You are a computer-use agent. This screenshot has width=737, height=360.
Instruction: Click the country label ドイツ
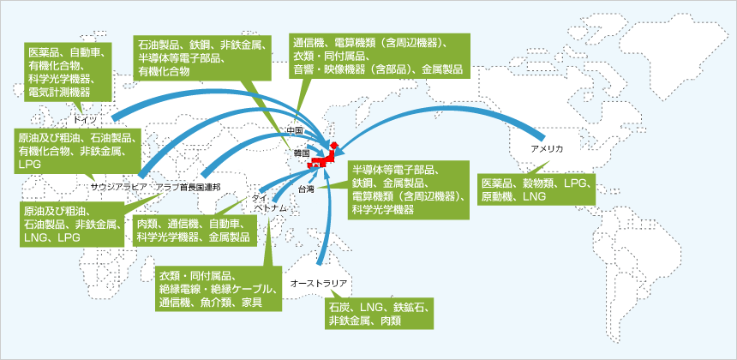pos(87,119)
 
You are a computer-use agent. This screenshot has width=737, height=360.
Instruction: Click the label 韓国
pos(300,153)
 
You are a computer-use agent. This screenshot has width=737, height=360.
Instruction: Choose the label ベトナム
pos(269,208)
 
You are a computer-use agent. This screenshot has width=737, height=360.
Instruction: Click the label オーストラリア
pos(319,281)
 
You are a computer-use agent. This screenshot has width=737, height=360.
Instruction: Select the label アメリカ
pos(547,149)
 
